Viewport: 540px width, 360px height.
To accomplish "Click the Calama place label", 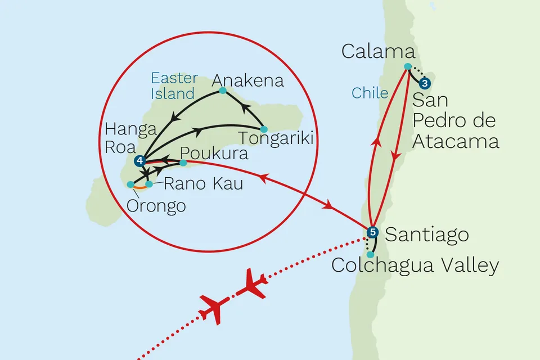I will pyautogui.click(x=378, y=53).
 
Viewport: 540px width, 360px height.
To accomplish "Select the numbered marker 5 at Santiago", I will pyautogui.click(x=371, y=232).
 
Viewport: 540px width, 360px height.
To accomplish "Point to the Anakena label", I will pyautogui.click(x=247, y=81).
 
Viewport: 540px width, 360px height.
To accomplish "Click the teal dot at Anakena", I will pyautogui.click(x=223, y=91).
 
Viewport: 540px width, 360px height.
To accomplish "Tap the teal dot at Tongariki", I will pyautogui.click(x=264, y=129).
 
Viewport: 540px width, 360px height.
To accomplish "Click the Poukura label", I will pyautogui.click(x=214, y=154).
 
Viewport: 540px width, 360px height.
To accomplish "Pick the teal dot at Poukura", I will pyautogui.click(x=183, y=163).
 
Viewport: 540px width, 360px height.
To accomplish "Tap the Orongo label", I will pyautogui.click(x=155, y=206).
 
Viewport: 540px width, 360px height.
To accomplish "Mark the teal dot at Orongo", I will pyautogui.click(x=130, y=184).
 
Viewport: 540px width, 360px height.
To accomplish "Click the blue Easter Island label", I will pyautogui.click(x=174, y=85).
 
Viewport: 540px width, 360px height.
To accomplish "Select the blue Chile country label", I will pyautogui.click(x=370, y=93).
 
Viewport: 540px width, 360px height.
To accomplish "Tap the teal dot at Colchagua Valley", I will pyautogui.click(x=370, y=254).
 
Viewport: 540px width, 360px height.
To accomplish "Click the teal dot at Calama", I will pyautogui.click(x=408, y=66).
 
